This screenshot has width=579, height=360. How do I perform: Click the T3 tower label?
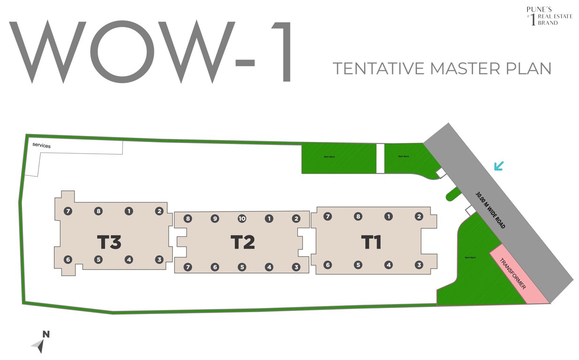[109, 242]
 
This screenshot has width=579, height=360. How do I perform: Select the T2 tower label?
[243, 242]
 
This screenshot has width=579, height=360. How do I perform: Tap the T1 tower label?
[371, 242]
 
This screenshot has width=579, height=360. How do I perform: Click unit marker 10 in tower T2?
[242, 218]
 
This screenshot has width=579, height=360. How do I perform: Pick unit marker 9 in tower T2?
[215, 218]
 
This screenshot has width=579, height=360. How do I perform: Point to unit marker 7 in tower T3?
[68, 211]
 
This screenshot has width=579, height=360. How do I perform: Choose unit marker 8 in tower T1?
[358, 217]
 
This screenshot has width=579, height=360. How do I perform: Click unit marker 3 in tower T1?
[419, 265]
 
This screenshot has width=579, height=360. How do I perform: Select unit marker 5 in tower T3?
[98, 259]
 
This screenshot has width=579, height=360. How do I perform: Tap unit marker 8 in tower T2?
[188, 218]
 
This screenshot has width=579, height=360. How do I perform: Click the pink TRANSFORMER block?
[519, 274]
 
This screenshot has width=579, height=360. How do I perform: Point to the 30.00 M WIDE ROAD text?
[490, 210]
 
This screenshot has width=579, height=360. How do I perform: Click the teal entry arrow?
[499, 165]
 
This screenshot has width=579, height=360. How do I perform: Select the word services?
[41, 146]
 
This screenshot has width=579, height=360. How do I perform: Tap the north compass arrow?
[41, 344]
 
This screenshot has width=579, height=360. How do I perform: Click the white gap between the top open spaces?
[380, 158]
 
